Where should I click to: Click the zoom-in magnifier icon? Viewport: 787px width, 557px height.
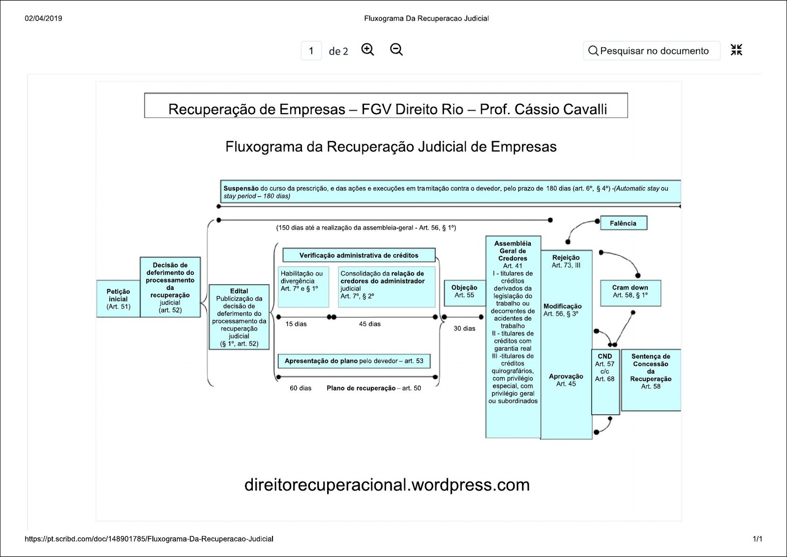point(367,50)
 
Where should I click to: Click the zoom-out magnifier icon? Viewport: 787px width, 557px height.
point(396,50)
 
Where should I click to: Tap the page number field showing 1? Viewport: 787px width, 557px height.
point(311,51)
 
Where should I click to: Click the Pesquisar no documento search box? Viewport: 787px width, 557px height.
point(652,51)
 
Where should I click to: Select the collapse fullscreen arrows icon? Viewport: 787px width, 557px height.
point(736,50)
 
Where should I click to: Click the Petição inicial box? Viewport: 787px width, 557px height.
point(118,299)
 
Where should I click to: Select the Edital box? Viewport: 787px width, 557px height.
point(239,317)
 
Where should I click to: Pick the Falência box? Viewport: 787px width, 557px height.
point(623,223)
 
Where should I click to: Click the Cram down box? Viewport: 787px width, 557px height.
point(630,293)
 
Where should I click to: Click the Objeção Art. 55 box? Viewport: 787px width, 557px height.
point(464,292)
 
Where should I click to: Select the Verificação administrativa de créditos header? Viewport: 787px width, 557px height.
point(359,255)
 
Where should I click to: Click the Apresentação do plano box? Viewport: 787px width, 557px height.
point(354,361)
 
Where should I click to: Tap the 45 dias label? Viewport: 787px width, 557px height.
point(370,324)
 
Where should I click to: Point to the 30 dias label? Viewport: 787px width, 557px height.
point(464,329)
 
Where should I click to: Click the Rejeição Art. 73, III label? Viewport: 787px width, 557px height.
point(566,261)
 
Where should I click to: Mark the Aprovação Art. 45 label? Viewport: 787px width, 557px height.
point(566,380)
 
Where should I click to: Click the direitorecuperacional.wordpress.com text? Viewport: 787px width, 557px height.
point(387,485)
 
